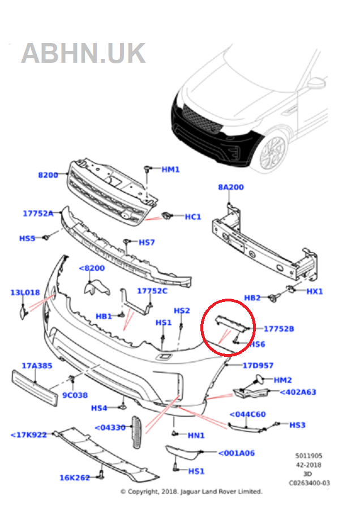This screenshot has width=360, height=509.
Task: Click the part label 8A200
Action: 231,187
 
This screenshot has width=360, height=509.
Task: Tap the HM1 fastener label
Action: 170,169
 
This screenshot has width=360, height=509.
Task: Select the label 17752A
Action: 38,213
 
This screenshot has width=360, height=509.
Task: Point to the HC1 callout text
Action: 193,217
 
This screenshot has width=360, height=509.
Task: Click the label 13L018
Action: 25,292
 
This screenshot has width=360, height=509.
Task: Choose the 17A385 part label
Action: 37,366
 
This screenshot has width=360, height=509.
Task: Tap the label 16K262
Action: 75,478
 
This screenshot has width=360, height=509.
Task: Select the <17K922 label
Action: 28,434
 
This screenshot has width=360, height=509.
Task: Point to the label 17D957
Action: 258,365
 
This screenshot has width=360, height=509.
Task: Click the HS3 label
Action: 297,425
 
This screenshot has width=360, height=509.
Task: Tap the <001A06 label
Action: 237,452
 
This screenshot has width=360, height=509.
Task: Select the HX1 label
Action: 314,291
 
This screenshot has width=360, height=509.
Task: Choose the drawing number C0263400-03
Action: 309,482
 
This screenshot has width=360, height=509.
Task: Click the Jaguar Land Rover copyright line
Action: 191,491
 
